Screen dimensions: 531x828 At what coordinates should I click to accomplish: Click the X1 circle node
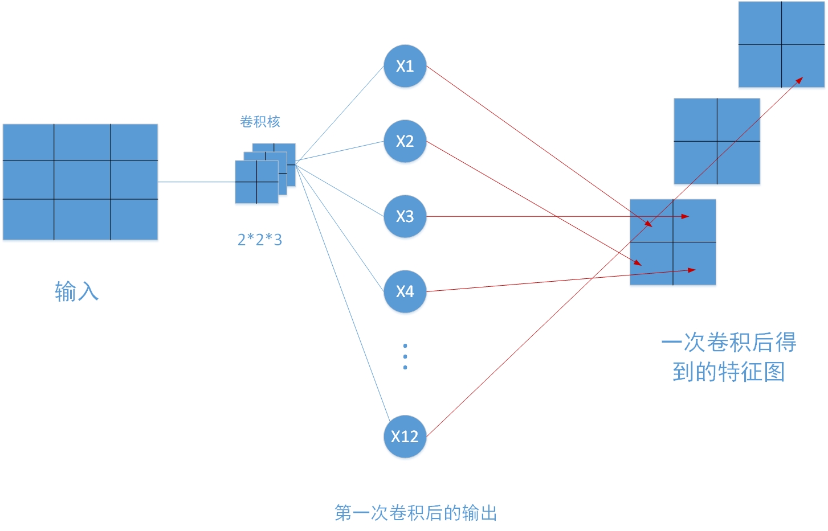[405, 66]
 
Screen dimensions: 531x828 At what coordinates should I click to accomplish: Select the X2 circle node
[405, 141]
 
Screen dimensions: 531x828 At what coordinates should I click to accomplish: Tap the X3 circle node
[405, 216]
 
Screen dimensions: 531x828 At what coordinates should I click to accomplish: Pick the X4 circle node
[405, 291]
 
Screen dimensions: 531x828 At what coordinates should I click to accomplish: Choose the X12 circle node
[405, 437]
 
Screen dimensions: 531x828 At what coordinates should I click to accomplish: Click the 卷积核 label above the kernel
[260, 121]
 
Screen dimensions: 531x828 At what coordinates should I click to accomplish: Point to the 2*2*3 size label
[260, 240]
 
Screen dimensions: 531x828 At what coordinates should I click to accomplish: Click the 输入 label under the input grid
[76, 291]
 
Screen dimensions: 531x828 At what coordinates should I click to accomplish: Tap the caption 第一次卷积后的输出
[415, 513]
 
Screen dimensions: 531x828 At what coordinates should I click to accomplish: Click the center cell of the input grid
[82, 180]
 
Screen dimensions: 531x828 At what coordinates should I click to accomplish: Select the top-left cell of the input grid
[28, 142]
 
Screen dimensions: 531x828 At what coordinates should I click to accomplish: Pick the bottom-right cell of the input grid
[134, 219]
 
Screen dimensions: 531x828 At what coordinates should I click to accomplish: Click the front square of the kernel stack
[256, 182]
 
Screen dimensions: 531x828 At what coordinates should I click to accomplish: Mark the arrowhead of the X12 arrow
[800, 80]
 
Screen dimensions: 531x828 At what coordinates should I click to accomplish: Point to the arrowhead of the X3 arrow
[686, 216]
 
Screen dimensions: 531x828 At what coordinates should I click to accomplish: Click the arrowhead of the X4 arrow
[692, 270]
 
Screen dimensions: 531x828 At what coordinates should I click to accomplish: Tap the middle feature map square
[717, 141]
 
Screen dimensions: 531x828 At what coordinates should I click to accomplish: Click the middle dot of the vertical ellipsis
[405, 356]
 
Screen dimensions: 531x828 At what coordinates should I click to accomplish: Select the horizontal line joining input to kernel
[196, 182]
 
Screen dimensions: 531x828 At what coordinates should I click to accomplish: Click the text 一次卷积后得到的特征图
[729, 357]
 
